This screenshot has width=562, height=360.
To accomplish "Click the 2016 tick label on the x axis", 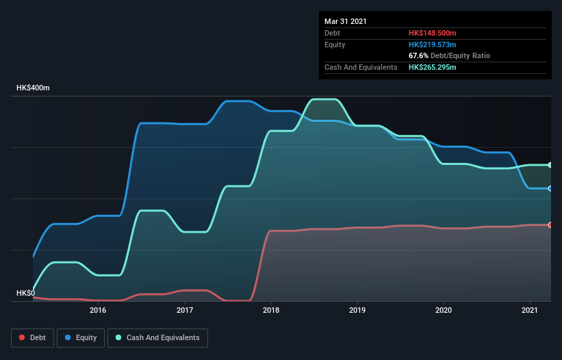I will [98, 310].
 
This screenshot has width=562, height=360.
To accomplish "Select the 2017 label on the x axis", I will [185, 310].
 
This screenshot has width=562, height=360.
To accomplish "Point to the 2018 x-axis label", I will [271, 310].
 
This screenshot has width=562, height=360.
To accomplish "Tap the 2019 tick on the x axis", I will [357, 310].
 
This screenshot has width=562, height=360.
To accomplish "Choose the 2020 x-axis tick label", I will [444, 310].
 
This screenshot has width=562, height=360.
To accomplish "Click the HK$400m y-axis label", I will [34, 88].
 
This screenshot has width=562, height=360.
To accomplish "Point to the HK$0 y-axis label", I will [25, 293].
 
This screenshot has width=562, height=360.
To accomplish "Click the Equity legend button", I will [81, 337].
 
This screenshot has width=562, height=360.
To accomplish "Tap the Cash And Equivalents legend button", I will [157, 337].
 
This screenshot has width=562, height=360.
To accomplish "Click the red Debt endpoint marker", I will [550, 224].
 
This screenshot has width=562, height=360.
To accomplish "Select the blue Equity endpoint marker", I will [550, 188].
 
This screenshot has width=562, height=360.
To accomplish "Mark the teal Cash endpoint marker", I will [550, 165].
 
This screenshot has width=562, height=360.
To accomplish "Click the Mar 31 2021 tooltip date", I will [346, 21].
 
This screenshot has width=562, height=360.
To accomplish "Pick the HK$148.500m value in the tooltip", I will [432, 33].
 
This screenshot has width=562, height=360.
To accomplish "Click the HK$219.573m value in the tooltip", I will [432, 44].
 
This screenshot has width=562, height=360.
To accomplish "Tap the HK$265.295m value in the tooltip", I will [432, 67].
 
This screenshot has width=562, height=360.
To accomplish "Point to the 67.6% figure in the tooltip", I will [418, 55].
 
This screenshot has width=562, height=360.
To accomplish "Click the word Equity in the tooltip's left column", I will [335, 44].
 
